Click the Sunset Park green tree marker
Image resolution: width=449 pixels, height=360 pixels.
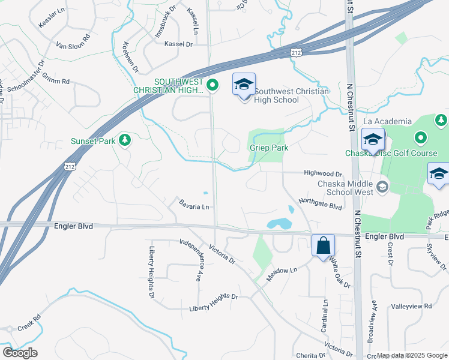click(125, 140)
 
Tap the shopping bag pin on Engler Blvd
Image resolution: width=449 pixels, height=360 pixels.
click(323, 245)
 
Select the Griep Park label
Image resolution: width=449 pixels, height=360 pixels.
click(268, 148)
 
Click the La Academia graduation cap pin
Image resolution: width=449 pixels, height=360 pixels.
click(373, 140)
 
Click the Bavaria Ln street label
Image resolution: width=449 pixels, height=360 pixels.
click(194, 206)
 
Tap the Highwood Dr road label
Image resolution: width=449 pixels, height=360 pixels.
click(322, 173)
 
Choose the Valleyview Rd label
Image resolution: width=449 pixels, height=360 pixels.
click(411, 306)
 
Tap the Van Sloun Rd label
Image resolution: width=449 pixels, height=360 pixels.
click(73, 41)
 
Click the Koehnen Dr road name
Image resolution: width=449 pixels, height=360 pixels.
click(130, 58)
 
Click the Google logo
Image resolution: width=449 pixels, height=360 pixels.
click(20, 353)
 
